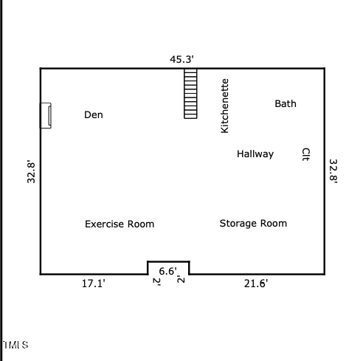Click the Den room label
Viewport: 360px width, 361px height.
[x=94, y=114]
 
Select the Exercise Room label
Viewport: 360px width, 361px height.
[x=120, y=224]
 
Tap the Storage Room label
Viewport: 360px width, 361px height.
[x=253, y=223]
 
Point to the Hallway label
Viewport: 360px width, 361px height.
[x=255, y=154]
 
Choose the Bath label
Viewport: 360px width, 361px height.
[x=285, y=103]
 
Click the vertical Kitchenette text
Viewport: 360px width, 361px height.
[x=225, y=106]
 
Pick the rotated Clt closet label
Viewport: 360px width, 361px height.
[x=305, y=154]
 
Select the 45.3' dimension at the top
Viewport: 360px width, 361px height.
[x=181, y=59]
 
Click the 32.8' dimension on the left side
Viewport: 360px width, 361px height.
[x=32, y=171]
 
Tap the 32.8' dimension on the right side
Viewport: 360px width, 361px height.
[x=333, y=171]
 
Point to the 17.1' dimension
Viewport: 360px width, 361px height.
[x=93, y=283]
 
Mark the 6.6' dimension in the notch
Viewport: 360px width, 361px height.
[x=168, y=271]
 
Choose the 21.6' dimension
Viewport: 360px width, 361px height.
[x=256, y=283]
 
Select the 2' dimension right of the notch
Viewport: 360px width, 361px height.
[x=181, y=280]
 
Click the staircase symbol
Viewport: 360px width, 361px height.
[x=190, y=94]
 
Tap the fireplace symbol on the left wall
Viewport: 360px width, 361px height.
[x=46, y=115]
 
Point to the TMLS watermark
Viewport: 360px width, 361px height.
[x=15, y=345]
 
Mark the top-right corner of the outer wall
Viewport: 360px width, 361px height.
[x=324, y=69]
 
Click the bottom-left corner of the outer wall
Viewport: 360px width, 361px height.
[x=41, y=274]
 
